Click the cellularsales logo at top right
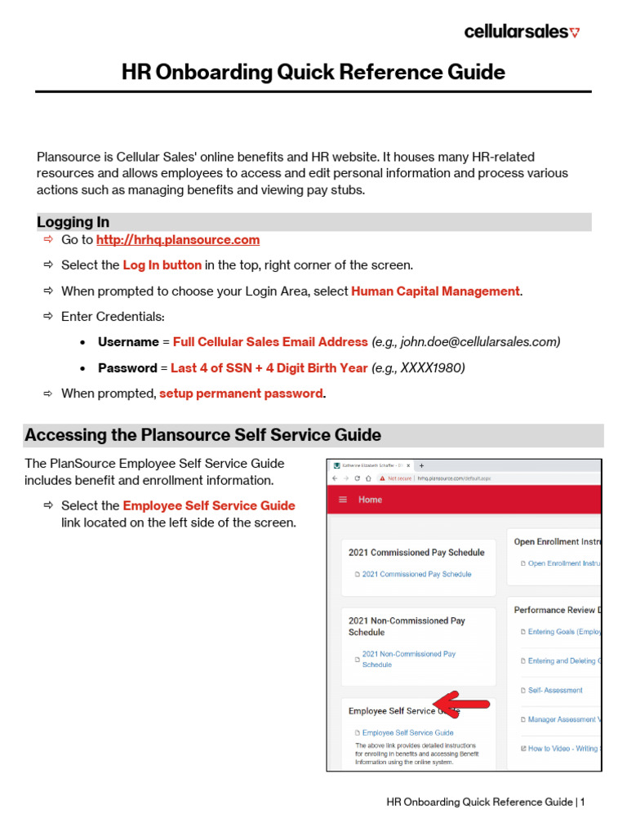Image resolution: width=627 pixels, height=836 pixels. [x=521, y=32]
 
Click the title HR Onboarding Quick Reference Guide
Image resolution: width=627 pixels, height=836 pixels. [x=313, y=72]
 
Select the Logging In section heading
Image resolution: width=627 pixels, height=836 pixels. [x=73, y=222]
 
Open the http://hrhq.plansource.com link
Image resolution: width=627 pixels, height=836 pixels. [x=178, y=240]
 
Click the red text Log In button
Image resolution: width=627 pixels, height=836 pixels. [x=162, y=265]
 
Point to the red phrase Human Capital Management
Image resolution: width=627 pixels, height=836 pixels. [x=435, y=291]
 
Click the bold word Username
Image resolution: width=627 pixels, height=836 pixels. [x=128, y=342]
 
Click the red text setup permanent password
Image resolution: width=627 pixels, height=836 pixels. [x=241, y=394]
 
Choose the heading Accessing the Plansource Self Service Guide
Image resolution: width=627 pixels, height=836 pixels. [x=203, y=435]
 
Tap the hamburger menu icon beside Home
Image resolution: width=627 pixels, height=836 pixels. [x=343, y=500]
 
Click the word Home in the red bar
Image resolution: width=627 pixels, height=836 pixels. [x=370, y=500]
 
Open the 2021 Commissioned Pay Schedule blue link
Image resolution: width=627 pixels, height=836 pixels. [x=416, y=574]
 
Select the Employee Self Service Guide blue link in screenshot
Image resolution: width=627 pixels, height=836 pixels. [x=407, y=733]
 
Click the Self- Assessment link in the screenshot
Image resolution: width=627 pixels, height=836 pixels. [x=555, y=691]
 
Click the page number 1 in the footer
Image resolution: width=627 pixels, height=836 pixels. [x=583, y=803]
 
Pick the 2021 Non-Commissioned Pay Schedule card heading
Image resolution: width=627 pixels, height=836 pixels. [x=407, y=626]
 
